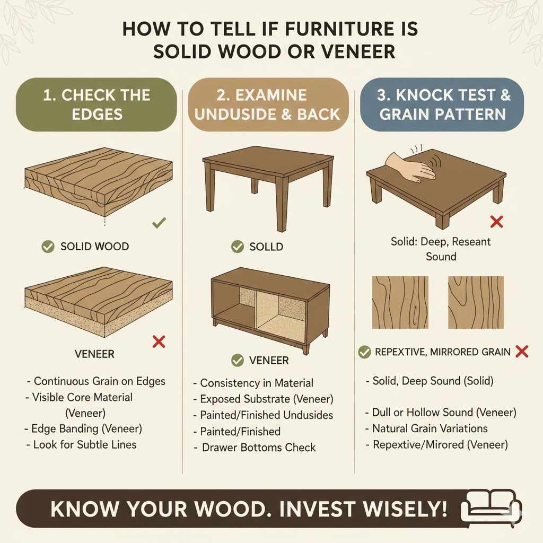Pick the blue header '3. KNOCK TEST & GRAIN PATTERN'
tap(442, 104)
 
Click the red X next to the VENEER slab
tap(159, 341)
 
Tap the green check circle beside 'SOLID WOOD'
tap(48, 247)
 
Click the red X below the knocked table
tap(496, 221)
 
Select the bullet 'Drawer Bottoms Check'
tap(258, 447)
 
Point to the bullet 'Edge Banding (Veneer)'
tap(86, 428)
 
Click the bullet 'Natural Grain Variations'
tap(430, 428)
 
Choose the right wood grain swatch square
tap(476, 302)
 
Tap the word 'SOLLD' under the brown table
tap(266, 247)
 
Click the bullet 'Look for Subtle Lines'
tap(84, 444)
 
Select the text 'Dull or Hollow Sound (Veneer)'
tap(444, 413)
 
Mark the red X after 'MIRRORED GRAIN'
tap(522, 351)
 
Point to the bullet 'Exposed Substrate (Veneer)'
tap(266, 399)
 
